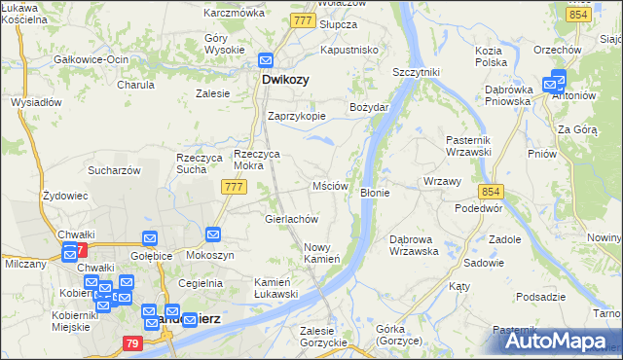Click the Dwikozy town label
(285, 82)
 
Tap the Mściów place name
(330, 186)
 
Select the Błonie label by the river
(375, 193)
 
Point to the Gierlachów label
(292, 219)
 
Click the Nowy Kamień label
(321, 253)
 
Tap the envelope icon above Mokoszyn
(214, 234)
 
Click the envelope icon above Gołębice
(150, 238)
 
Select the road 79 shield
(133, 342)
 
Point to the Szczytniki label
(416, 73)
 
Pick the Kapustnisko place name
(348, 49)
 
